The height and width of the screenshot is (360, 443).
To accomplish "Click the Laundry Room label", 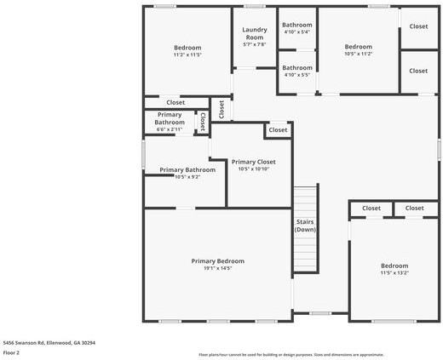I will (255, 33).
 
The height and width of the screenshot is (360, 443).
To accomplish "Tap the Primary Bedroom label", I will (217, 261).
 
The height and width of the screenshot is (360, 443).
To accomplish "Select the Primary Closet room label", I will (253, 162).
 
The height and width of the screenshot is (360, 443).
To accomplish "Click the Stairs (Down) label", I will (306, 226).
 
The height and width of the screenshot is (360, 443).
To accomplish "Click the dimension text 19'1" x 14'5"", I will (217, 269).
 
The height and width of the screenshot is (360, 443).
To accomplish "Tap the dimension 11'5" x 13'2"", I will (394, 273).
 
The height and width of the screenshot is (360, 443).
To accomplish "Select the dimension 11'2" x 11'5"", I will (187, 55).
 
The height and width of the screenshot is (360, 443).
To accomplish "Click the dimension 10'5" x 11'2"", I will (358, 54).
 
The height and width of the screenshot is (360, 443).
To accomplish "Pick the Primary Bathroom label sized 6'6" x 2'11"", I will (170, 123).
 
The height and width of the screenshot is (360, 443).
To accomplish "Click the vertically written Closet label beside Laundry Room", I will (221, 109).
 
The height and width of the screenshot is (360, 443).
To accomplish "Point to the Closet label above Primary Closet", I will (278, 131).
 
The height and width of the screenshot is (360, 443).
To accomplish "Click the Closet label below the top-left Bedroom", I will (175, 103).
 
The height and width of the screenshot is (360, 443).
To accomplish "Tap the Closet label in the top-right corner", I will (418, 26).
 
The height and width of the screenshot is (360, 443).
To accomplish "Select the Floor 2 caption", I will (12, 352).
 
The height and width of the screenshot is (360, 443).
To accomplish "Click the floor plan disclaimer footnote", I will (291, 355).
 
